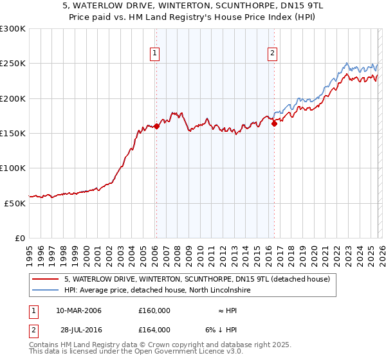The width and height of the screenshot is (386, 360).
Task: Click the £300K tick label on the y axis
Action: coord(13,29)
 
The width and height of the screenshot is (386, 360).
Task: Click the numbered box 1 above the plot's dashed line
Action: coord(155,53)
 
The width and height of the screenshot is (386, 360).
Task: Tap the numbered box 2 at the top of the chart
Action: coord(273,53)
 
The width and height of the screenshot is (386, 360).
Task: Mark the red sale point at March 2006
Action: coord(156,127)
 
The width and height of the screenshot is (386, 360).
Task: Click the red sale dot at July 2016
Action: coord(274,123)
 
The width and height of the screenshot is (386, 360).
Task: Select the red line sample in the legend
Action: coord(45,279)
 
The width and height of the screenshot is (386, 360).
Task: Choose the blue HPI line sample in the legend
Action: coord(45,291)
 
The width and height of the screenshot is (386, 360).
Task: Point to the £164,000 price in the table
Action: coord(154,329)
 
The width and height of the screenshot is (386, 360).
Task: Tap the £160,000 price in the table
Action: coord(154,310)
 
